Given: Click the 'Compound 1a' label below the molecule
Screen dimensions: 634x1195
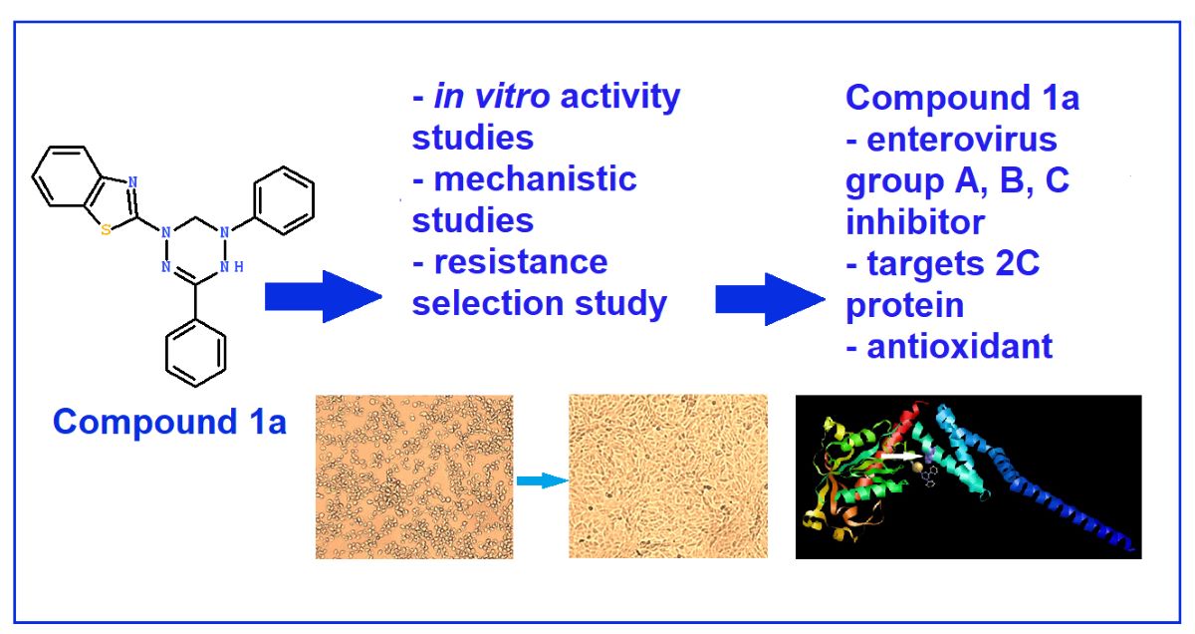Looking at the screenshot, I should (169, 421).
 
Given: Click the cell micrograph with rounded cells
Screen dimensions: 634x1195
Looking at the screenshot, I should (414, 476).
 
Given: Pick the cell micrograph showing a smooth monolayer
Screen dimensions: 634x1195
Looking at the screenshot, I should (668, 476).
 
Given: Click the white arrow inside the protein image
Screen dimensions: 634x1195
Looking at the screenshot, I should (902, 456).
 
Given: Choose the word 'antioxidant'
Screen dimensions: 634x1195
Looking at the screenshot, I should (960, 346).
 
